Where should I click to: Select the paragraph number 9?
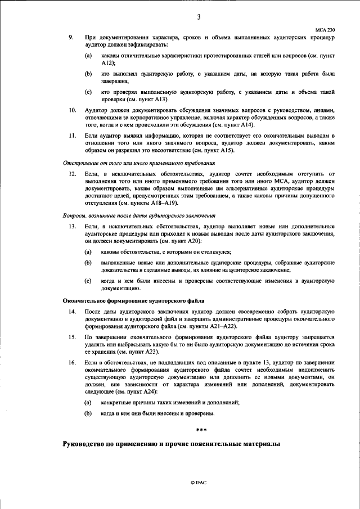pos(71,37)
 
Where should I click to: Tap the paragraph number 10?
pos(72,110)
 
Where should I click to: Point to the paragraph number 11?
pos(72,136)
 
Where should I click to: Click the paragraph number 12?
pos(72,175)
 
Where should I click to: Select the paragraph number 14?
pos(72,311)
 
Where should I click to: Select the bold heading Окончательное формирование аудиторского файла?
pos(133,300)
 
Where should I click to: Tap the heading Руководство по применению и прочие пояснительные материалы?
pos(170,445)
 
